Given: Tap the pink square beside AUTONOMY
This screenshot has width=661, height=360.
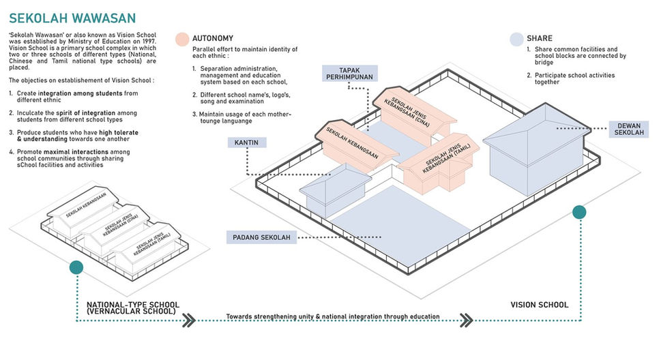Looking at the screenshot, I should (x=181, y=39).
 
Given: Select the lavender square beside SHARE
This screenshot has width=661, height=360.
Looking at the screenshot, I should (x=516, y=39).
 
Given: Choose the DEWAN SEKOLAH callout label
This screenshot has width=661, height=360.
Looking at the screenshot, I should (x=630, y=129).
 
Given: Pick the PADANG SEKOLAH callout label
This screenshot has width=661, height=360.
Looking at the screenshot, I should (x=261, y=237).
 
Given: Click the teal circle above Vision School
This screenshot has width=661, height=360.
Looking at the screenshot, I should (x=579, y=212).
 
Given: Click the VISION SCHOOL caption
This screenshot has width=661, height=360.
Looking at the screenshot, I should (x=539, y=305).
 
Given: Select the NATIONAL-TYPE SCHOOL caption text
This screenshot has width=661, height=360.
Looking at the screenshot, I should (x=133, y=307).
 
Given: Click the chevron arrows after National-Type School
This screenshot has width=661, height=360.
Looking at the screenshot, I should (x=188, y=319).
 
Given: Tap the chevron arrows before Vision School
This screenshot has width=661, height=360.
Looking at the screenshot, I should (x=467, y=319).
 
